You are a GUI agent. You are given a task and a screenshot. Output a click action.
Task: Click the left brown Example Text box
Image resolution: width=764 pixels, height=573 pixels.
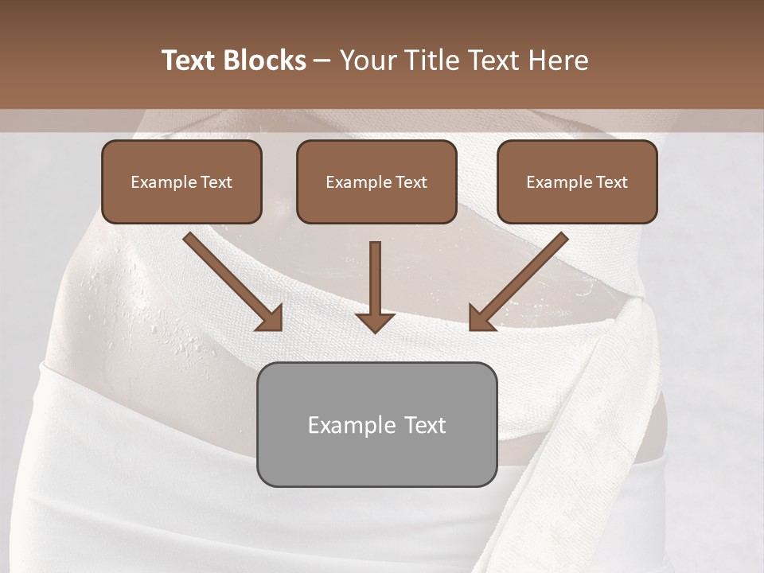(x=181, y=182)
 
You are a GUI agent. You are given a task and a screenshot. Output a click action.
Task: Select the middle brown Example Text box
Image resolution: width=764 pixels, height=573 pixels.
(x=376, y=182)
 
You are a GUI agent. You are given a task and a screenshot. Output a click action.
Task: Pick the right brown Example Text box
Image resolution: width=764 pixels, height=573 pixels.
(x=577, y=182)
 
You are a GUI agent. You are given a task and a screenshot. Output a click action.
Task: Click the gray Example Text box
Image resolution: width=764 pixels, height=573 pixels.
(x=376, y=424)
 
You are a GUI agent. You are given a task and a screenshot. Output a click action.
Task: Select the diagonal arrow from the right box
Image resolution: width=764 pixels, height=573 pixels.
(x=521, y=279)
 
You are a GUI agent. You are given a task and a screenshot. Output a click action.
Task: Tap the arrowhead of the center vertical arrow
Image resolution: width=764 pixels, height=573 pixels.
(x=376, y=322)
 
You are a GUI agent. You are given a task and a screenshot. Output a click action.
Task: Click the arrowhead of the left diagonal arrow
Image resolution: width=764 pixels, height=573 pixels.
(x=270, y=318)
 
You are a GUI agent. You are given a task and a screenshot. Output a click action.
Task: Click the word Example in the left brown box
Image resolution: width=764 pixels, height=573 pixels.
(x=158, y=182)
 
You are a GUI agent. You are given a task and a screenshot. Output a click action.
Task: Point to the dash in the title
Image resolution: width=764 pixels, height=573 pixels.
(x=322, y=61)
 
